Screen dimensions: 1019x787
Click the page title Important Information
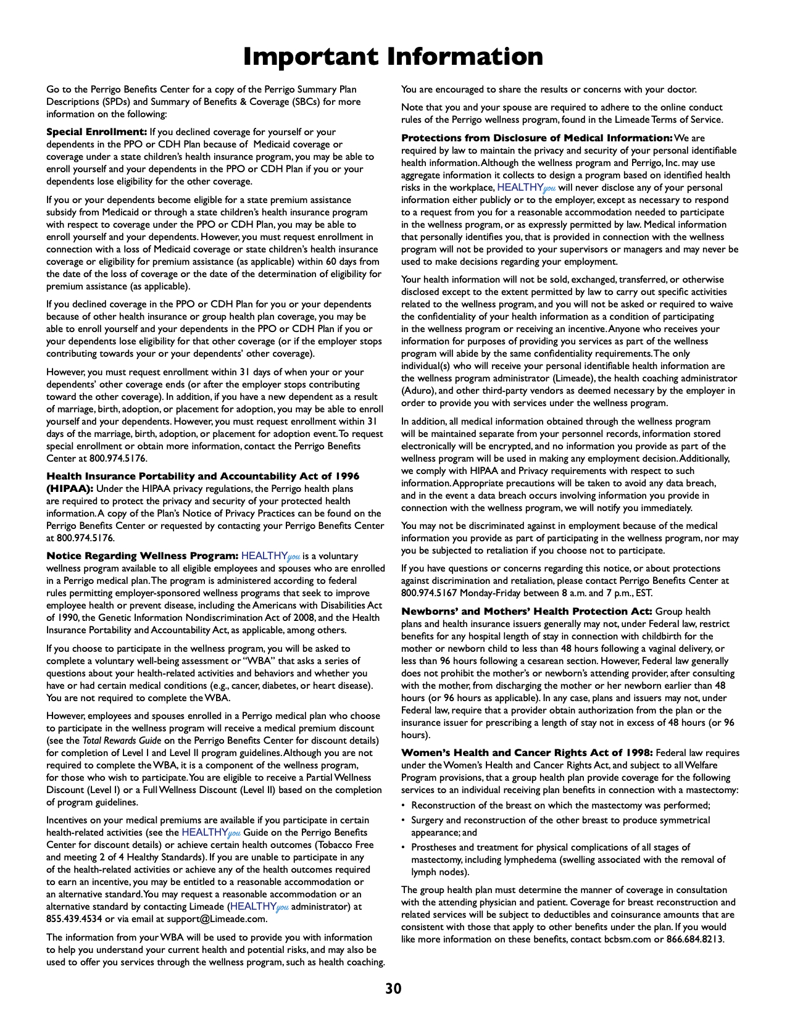[x=393, y=57]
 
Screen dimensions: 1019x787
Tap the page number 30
[x=393, y=989]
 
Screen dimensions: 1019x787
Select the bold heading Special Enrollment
[x=96, y=132]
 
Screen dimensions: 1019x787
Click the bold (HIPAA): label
[x=70, y=489]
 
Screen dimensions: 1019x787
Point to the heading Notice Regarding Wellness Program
[x=142, y=556]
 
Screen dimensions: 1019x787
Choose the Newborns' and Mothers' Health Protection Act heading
[x=526, y=612]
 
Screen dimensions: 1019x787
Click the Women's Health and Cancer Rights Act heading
[x=527, y=753]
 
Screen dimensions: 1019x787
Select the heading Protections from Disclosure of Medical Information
[x=536, y=138]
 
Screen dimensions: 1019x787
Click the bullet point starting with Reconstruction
[x=560, y=805]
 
